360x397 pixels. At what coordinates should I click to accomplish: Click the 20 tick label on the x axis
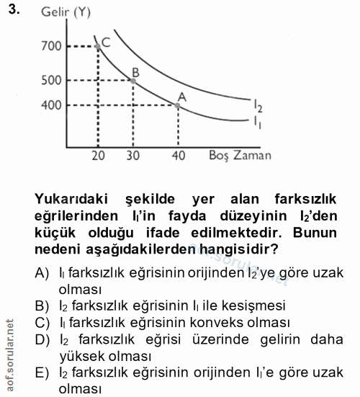click(99, 155)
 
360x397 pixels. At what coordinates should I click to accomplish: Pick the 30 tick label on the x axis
click(133, 155)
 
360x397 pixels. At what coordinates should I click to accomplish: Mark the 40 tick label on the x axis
click(178, 155)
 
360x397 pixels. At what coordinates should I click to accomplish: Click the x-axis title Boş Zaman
click(240, 155)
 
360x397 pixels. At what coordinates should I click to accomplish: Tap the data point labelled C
click(98, 46)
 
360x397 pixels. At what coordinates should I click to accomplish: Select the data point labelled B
click(133, 79)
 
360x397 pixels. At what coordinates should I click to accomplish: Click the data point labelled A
click(178, 105)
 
